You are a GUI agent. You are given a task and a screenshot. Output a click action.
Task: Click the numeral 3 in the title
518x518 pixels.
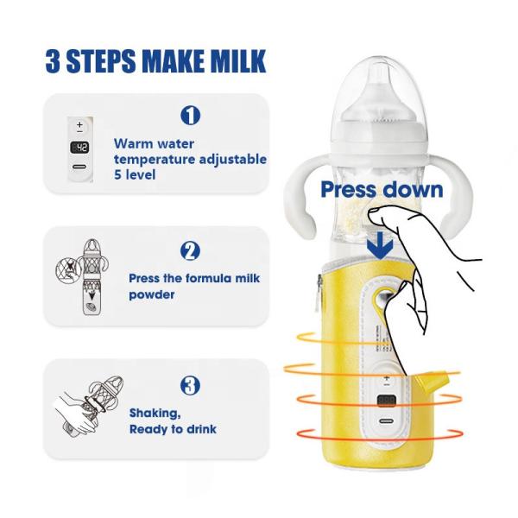[x=54, y=63]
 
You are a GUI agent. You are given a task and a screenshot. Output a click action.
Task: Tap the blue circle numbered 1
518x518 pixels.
[x=190, y=115]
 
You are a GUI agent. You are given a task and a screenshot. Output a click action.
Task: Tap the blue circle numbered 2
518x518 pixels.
[x=190, y=251]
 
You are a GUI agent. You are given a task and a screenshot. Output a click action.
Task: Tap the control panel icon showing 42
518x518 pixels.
[x=79, y=147]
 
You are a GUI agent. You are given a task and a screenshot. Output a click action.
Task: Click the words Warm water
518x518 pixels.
[x=154, y=143]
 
